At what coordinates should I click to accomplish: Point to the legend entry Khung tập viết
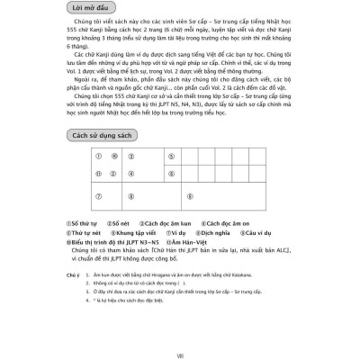pos(135,231)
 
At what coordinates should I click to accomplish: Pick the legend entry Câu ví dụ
pos(269,231)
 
